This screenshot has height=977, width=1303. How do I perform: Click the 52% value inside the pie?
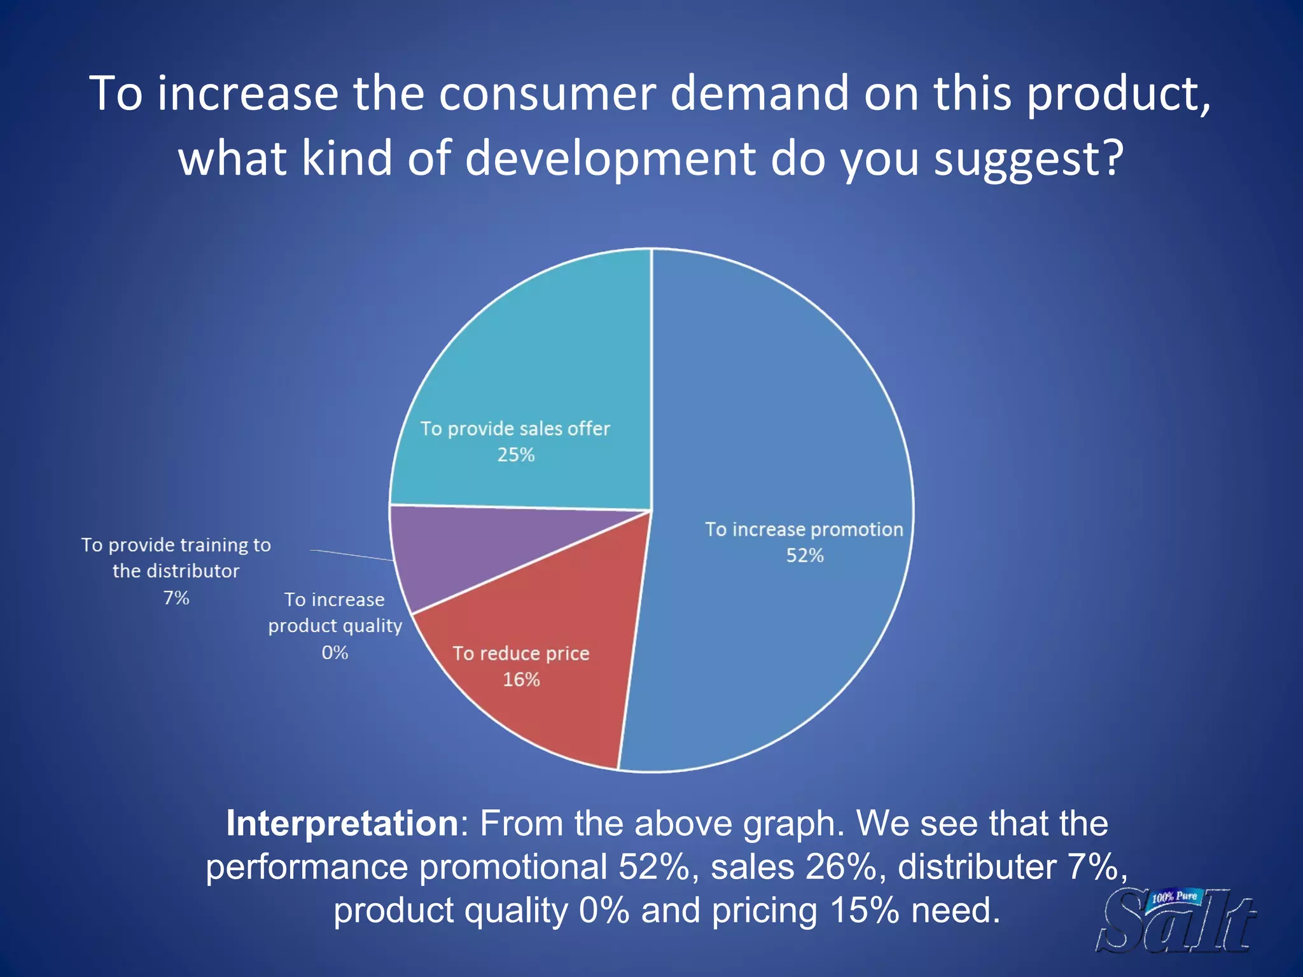point(805,556)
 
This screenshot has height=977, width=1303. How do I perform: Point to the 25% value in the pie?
point(516,455)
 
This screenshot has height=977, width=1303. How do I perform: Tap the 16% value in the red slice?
point(521,680)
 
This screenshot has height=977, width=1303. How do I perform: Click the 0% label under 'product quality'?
point(335,653)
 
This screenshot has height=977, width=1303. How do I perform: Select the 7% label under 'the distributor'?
point(176,598)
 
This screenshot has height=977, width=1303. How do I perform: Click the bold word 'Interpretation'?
point(342,824)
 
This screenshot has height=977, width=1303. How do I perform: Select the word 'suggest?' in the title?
point(1028,159)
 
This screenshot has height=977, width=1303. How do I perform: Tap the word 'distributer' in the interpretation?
point(977,867)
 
